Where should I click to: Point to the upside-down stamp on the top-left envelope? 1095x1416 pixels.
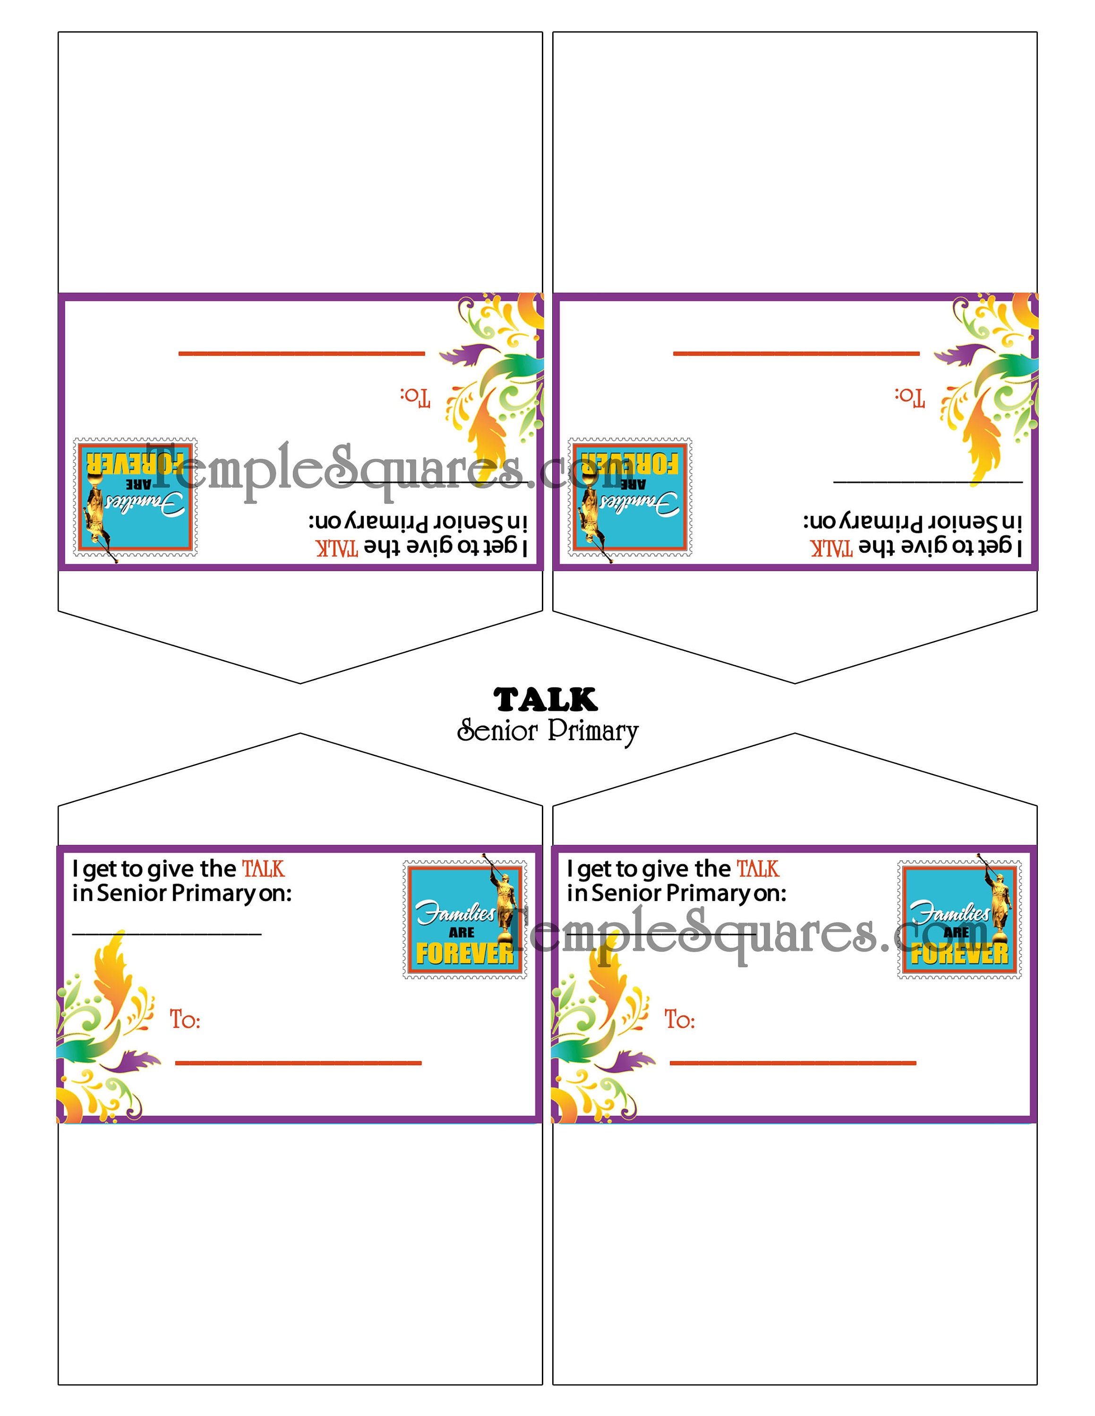click(x=136, y=497)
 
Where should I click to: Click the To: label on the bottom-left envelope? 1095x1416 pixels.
click(x=185, y=1020)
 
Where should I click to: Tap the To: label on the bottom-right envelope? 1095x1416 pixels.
click(x=679, y=1020)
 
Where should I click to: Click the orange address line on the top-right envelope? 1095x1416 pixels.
click(x=796, y=354)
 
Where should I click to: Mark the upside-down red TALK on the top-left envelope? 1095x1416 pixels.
click(x=337, y=548)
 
